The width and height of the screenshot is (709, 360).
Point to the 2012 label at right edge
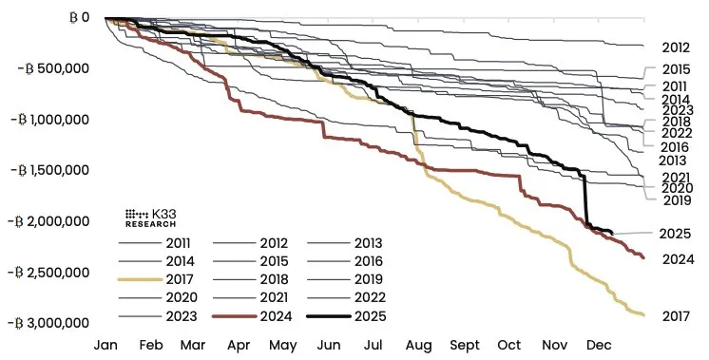pos(675,47)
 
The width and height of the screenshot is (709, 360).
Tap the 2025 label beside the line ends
pos(675,234)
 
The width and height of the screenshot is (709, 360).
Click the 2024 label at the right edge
pos(675,259)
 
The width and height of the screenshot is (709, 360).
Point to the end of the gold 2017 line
pos(643,314)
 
